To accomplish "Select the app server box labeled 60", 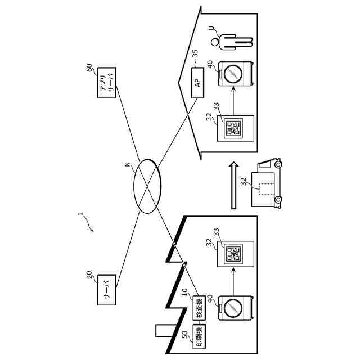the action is click(x=107, y=84).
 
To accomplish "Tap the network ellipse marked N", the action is click(x=147, y=186).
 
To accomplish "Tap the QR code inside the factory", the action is click(x=233, y=255).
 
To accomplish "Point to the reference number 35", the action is click(x=195, y=55).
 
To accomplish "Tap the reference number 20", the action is click(x=89, y=274).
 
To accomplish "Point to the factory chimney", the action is click(x=161, y=331).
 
